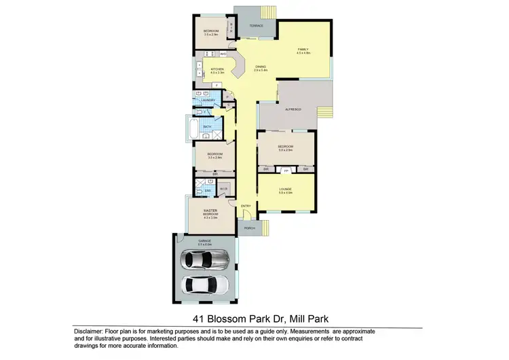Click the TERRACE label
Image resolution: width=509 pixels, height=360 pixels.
coord(255,26)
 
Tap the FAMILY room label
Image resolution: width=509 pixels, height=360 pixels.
coord(302,50)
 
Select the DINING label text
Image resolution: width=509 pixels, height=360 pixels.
coord(261,66)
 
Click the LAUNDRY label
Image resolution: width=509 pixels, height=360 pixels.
coord(208,101)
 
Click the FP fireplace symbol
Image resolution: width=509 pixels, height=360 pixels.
coord(286,168)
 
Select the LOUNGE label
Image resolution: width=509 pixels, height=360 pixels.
coord(285,190)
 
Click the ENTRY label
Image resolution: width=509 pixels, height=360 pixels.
coord(245,206)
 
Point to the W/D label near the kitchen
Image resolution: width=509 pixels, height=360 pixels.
coord(223,54)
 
